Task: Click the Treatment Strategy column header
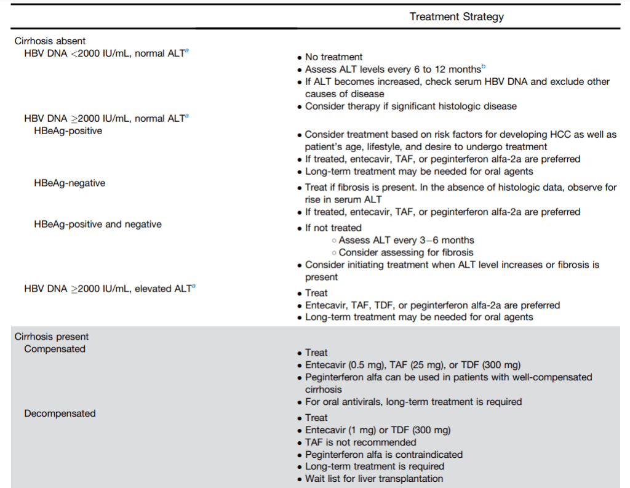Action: point(457,17)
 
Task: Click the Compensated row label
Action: point(55,349)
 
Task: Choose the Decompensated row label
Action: point(60,414)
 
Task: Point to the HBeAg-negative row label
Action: point(70,183)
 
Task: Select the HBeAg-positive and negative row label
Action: point(98,224)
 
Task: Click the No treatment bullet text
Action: point(333,57)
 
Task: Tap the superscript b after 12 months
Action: point(484,66)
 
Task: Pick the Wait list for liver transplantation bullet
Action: point(373,479)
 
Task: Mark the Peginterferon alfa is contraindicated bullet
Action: point(383,455)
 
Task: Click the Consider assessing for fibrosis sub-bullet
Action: point(405,252)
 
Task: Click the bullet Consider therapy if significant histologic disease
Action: point(410,106)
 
